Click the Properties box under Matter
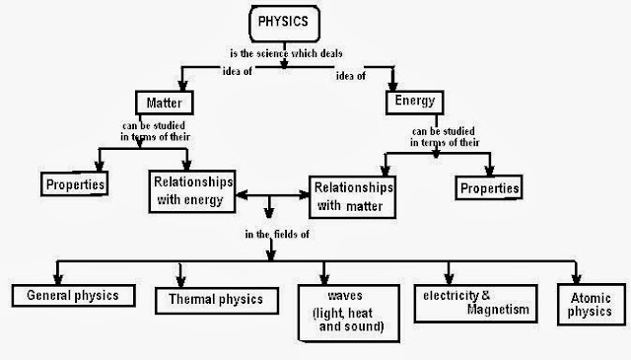(x=75, y=184)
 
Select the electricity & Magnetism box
(x=473, y=302)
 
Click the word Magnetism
(x=473, y=311)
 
